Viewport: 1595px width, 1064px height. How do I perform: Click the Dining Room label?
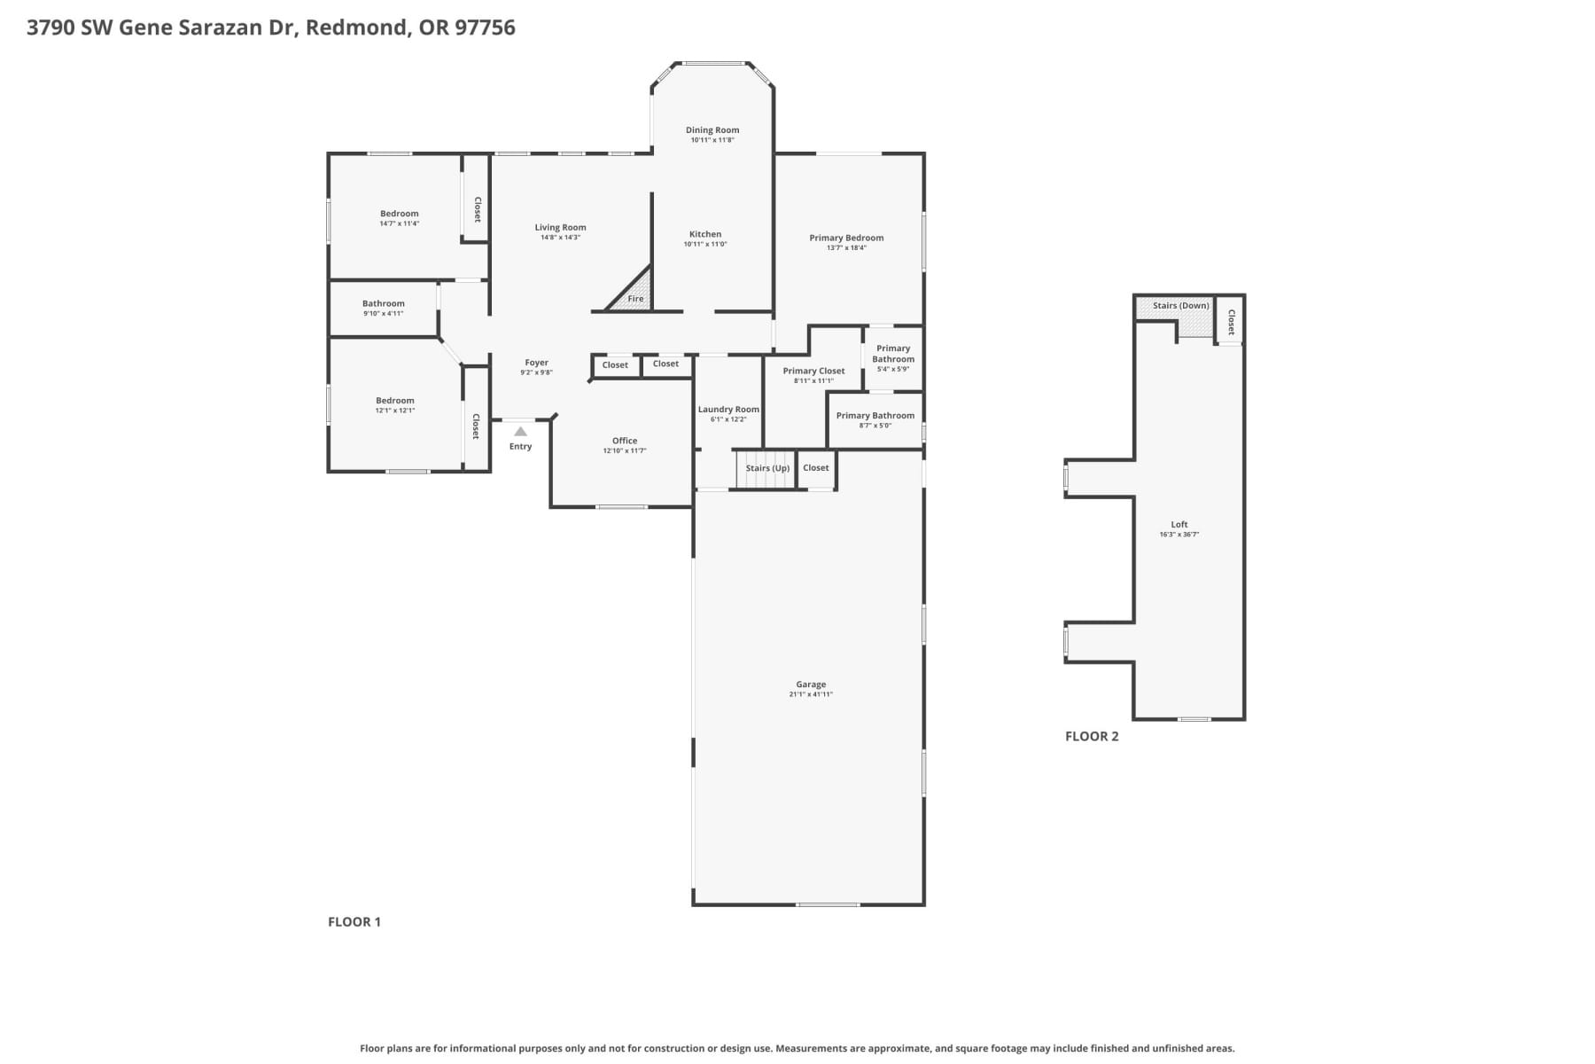(x=712, y=130)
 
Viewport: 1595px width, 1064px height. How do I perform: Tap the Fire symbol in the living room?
(x=634, y=298)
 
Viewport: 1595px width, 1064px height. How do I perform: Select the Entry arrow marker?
(x=520, y=432)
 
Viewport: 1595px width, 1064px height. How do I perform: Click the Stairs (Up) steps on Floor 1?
(x=766, y=470)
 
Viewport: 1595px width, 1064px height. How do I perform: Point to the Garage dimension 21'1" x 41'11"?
(x=811, y=694)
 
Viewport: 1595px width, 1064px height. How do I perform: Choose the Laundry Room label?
(x=728, y=410)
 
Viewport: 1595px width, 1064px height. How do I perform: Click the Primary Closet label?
(x=813, y=372)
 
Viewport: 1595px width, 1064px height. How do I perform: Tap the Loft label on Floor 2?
(x=1179, y=524)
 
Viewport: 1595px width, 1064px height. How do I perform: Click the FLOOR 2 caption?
(x=1092, y=736)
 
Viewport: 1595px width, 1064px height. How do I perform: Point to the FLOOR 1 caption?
(x=354, y=921)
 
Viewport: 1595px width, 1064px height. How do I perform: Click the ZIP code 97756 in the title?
(x=485, y=27)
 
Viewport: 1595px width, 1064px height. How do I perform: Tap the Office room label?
(x=625, y=441)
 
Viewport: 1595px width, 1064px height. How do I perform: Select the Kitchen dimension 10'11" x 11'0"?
(x=705, y=244)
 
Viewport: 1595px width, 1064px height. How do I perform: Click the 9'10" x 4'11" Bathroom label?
(x=383, y=304)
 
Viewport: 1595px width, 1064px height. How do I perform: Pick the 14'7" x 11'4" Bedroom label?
(x=399, y=214)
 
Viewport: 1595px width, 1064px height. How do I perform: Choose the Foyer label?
(x=536, y=363)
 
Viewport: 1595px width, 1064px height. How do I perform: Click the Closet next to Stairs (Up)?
(x=816, y=468)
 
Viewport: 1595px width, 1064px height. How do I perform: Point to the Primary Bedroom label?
(x=846, y=238)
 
